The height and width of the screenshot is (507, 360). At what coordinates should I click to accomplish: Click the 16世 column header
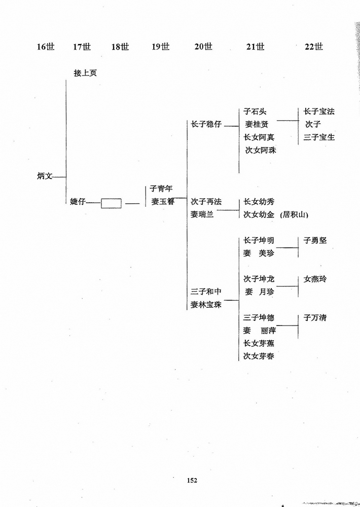pyautogui.click(x=46, y=47)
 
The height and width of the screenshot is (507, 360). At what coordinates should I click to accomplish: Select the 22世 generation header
pyautogui.click(x=314, y=47)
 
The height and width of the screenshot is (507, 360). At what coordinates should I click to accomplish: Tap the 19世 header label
pyautogui.click(x=160, y=47)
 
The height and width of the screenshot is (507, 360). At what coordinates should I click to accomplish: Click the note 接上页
pyautogui.click(x=85, y=73)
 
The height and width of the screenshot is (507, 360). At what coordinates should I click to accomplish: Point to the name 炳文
pyautogui.click(x=45, y=176)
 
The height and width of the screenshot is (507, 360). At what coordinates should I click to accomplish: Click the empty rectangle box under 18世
pyautogui.click(x=111, y=203)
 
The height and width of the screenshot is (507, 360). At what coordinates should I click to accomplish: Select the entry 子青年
pyautogui.click(x=161, y=189)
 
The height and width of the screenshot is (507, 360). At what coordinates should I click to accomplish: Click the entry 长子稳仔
pyautogui.click(x=206, y=124)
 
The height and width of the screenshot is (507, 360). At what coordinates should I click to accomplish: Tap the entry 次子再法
pyautogui.click(x=206, y=202)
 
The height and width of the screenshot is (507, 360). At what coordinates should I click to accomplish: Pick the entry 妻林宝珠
pyautogui.click(x=206, y=305)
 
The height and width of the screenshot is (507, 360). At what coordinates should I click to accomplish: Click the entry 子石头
pyautogui.click(x=255, y=112)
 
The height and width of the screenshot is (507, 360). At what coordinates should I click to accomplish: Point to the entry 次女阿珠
pyautogui.click(x=261, y=150)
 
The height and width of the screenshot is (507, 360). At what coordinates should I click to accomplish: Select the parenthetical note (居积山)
pyautogui.click(x=294, y=214)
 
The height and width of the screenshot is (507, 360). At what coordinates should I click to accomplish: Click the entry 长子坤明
pyautogui.click(x=259, y=240)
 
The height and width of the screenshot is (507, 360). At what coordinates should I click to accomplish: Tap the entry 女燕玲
pyautogui.click(x=315, y=279)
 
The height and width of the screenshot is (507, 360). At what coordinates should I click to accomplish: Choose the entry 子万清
pyautogui.click(x=315, y=317)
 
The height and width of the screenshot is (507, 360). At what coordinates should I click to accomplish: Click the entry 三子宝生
pyautogui.click(x=319, y=137)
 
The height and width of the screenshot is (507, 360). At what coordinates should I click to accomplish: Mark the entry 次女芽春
pyautogui.click(x=259, y=356)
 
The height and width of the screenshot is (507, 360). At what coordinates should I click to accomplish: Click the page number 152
pyautogui.click(x=192, y=481)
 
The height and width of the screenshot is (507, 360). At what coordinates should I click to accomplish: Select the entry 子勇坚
pyautogui.click(x=315, y=240)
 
